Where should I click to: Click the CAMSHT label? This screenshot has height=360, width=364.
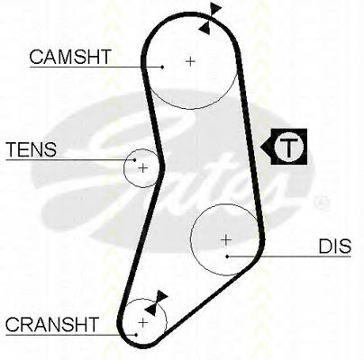[70, 57]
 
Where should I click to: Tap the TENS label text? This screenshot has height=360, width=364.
[32, 149]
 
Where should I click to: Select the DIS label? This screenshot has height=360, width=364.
[335, 247]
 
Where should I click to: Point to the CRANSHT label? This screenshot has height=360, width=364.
[52, 324]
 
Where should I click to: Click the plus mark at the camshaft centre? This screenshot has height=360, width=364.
[190, 61]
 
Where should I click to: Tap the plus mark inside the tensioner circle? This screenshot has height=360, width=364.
[143, 168]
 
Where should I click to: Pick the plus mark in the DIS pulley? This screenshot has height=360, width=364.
[226, 240]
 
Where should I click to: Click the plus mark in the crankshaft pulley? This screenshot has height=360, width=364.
[143, 323]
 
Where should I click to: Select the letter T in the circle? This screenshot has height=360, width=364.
[288, 147]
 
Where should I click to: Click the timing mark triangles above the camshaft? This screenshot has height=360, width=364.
[210, 18]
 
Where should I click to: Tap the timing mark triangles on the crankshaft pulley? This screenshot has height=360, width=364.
[156, 302]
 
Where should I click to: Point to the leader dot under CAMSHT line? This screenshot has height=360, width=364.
[162, 67]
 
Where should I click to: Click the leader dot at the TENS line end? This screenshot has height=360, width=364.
[135, 160]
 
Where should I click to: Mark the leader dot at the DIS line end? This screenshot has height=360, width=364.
[228, 256]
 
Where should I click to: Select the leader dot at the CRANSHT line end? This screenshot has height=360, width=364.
[136, 335]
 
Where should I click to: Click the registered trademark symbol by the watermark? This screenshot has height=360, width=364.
[321, 202]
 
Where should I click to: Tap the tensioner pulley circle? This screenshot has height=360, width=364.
[124, 168]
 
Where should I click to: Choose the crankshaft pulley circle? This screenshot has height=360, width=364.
[167, 323]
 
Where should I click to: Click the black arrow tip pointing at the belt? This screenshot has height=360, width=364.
[260, 147]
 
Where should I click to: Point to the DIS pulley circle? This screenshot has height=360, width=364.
[191, 240]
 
